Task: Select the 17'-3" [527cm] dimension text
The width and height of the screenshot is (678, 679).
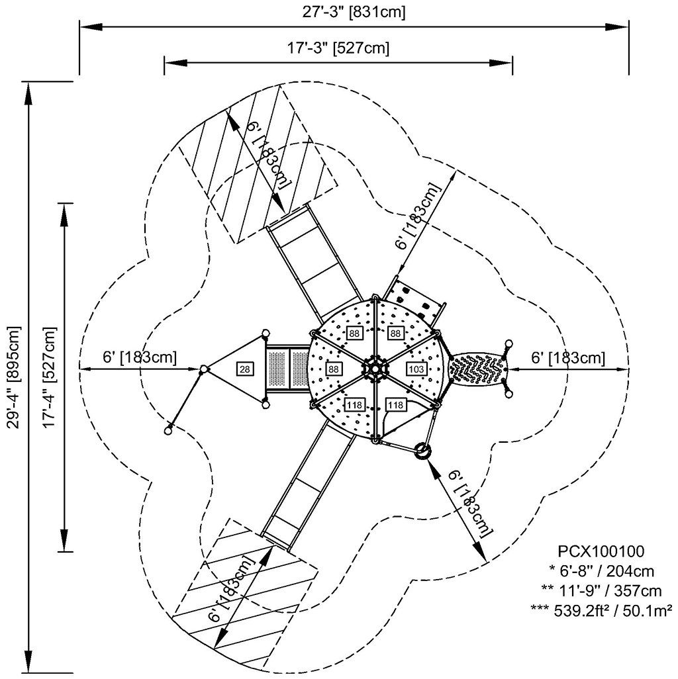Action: pyautogui.click(x=338, y=48)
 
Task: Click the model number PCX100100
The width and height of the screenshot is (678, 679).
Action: pyautogui.click(x=601, y=551)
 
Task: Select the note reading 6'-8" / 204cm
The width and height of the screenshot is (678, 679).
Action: pyautogui.click(x=602, y=570)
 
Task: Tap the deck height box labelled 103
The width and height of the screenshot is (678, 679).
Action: pyautogui.click(x=416, y=369)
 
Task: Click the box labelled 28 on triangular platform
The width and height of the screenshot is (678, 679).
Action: pyautogui.click(x=244, y=369)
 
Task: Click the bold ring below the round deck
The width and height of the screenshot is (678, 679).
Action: pyautogui.click(x=421, y=452)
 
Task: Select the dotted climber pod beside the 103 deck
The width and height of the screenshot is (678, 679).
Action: pyautogui.click(x=477, y=368)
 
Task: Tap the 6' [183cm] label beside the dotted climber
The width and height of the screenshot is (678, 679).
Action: pyautogui.click(x=568, y=358)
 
